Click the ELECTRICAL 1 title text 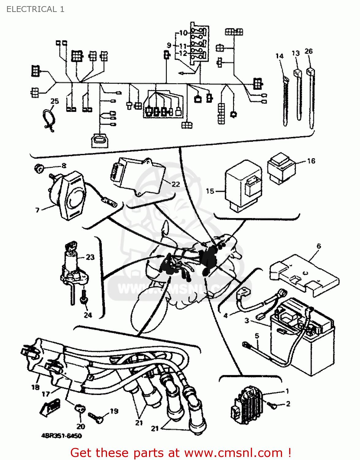pyautogui.click(x=35, y=9)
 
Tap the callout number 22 pyautogui.click(x=176, y=184)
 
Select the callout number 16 pyautogui.click(x=311, y=161)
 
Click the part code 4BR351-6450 pyautogui.click(x=61, y=436)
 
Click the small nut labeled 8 pyautogui.click(x=38, y=168)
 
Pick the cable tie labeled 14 pyautogui.click(x=285, y=101)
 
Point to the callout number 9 pyautogui.click(x=169, y=45)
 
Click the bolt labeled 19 pyautogui.click(x=96, y=417)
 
